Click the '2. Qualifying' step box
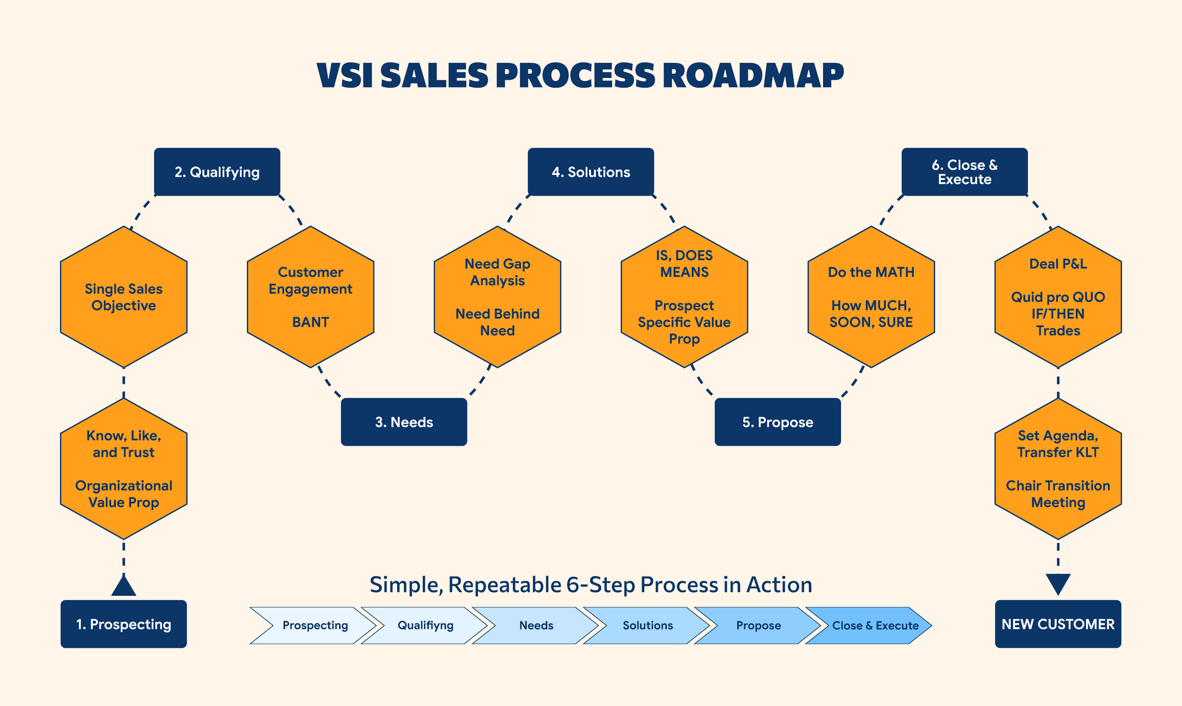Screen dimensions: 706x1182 pos(217,172)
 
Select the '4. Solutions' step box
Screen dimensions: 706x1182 pos(591,172)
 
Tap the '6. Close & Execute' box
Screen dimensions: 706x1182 pos(965,172)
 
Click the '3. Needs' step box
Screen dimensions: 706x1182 pos(404,422)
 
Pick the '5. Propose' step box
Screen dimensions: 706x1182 pos(778,422)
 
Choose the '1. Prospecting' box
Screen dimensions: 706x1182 pos(124,624)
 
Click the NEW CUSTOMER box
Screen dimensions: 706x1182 pos(1058,624)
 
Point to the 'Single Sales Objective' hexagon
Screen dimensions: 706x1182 pos(124,297)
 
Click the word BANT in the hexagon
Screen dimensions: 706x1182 pos(311,322)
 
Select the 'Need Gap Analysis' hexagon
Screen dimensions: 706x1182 pos(497,297)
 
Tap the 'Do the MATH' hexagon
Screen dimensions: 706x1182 pos(871,297)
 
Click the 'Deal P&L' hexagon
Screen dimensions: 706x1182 pos(1058,297)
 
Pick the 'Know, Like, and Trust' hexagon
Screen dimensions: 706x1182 pos(124,469)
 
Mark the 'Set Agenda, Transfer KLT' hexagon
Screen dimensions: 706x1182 pos(1058,469)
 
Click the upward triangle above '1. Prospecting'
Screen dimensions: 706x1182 pos(124,586)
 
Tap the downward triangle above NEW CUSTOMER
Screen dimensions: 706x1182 pos(1058,583)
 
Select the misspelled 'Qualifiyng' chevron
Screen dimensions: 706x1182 pos(425,625)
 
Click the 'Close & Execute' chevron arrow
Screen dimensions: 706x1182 pos(870,625)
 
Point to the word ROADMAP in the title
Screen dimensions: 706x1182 pos(753,76)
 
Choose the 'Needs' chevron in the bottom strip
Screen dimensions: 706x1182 pos(536,625)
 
